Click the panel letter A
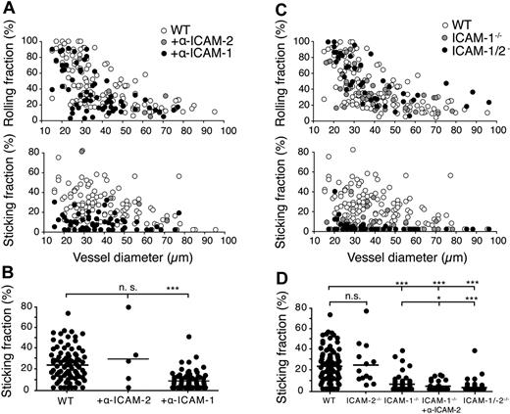tap(8, 8)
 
